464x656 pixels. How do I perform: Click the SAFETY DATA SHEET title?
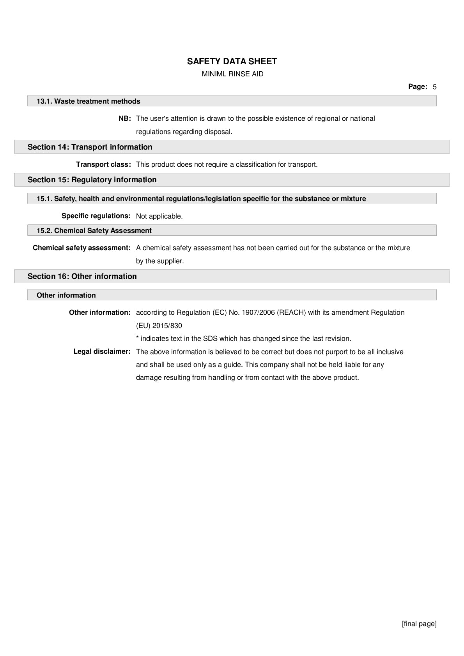point(232,62)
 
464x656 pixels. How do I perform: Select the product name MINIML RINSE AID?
point(232,74)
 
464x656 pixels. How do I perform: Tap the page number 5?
point(434,87)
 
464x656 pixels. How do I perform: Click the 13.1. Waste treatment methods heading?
point(89,101)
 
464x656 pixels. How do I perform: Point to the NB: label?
point(124,118)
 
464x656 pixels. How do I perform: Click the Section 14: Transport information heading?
point(90,147)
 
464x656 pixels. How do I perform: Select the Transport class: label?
point(103,164)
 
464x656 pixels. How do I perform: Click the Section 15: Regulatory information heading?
point(92,180)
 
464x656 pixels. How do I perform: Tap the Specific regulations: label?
point(96,216)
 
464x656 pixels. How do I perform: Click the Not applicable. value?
point(159,216)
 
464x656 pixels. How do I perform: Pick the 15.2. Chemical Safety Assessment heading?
point(94,231)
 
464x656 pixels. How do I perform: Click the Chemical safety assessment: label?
point(81,248)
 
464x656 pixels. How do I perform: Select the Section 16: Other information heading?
point(82,276)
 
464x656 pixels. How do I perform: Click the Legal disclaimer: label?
point(102,351)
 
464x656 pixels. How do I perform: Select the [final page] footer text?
point(419,624)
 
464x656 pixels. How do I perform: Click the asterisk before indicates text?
point(137,339)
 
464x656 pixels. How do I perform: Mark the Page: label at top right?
point(418,86)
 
